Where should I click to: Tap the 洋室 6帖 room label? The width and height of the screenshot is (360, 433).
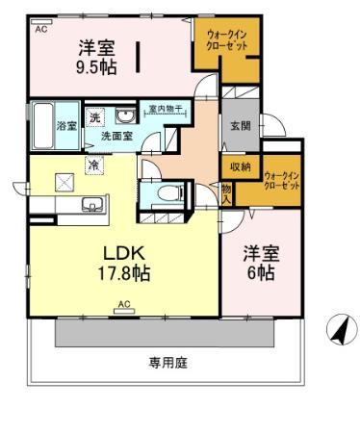258,263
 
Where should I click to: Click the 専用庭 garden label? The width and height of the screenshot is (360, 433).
167,363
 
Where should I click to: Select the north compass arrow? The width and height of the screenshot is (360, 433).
338,329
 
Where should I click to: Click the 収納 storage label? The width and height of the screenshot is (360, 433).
240,166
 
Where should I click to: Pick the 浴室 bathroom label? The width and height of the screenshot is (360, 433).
66,126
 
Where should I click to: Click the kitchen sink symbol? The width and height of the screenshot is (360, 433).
92,204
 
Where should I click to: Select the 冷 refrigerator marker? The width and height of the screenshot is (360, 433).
94,166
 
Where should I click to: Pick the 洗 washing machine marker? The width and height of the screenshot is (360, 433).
94,115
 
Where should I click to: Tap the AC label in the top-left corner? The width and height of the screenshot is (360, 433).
40,30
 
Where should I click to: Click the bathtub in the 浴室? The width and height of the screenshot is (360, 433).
41,124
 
